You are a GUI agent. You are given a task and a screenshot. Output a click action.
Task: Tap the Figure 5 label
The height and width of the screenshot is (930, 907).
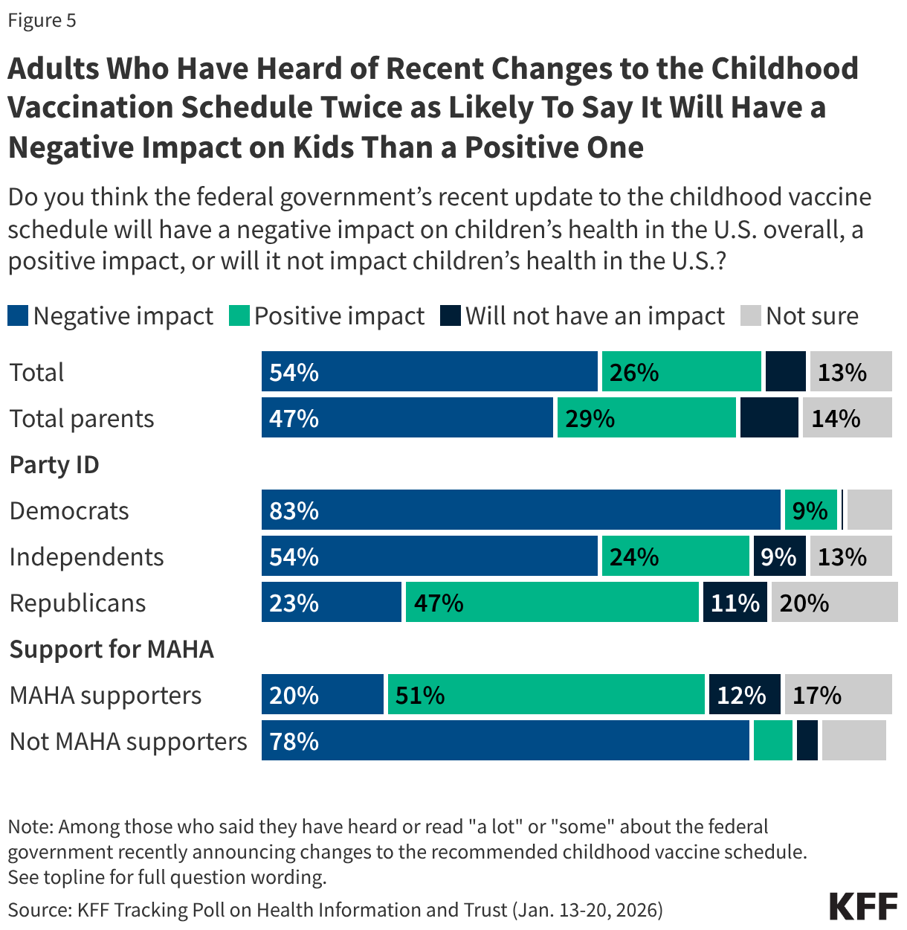coord(42,20)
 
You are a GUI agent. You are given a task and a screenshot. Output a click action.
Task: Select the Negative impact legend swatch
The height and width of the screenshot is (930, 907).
coord(18,316)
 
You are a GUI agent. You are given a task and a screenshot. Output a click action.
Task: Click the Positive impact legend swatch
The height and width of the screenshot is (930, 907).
coord(239,316)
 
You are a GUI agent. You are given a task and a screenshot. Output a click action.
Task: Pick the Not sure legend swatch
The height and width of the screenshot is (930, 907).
coord(751,316)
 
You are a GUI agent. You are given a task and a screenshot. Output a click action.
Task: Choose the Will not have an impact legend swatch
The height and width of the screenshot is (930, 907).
coord(451,316)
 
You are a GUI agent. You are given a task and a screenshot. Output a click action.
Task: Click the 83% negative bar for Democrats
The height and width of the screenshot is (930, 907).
coord(520,510)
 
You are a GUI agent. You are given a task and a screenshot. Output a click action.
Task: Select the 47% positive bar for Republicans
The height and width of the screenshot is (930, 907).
coord(552,603)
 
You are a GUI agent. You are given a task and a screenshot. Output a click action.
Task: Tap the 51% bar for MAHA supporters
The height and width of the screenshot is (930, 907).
coord(546,695)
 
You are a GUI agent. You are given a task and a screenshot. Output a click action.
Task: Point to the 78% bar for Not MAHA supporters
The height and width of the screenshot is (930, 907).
coord(506,741)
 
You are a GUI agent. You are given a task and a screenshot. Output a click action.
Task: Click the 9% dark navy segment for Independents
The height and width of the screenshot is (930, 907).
coord(779,557)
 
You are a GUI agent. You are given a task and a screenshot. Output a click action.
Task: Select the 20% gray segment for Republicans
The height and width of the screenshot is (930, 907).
coord(834,603)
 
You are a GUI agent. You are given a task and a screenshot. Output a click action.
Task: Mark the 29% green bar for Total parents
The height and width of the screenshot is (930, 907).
coord(646,418)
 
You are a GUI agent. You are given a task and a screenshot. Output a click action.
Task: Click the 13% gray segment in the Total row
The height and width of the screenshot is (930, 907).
coord(850,372)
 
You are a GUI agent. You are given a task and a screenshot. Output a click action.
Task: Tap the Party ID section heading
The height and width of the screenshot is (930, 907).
coord(54,465)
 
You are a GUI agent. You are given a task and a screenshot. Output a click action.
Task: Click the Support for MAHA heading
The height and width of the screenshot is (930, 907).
coord(112,650)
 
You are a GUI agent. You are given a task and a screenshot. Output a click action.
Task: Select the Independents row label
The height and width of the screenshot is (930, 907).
coord(86,557)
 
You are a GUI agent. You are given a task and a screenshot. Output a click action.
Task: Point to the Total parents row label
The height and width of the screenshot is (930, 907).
coord(82,419)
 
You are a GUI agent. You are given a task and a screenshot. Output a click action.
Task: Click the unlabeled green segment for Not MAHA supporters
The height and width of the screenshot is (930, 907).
coord(772,741)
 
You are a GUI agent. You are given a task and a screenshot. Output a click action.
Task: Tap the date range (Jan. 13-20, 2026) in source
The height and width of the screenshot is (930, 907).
coord(586,910)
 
